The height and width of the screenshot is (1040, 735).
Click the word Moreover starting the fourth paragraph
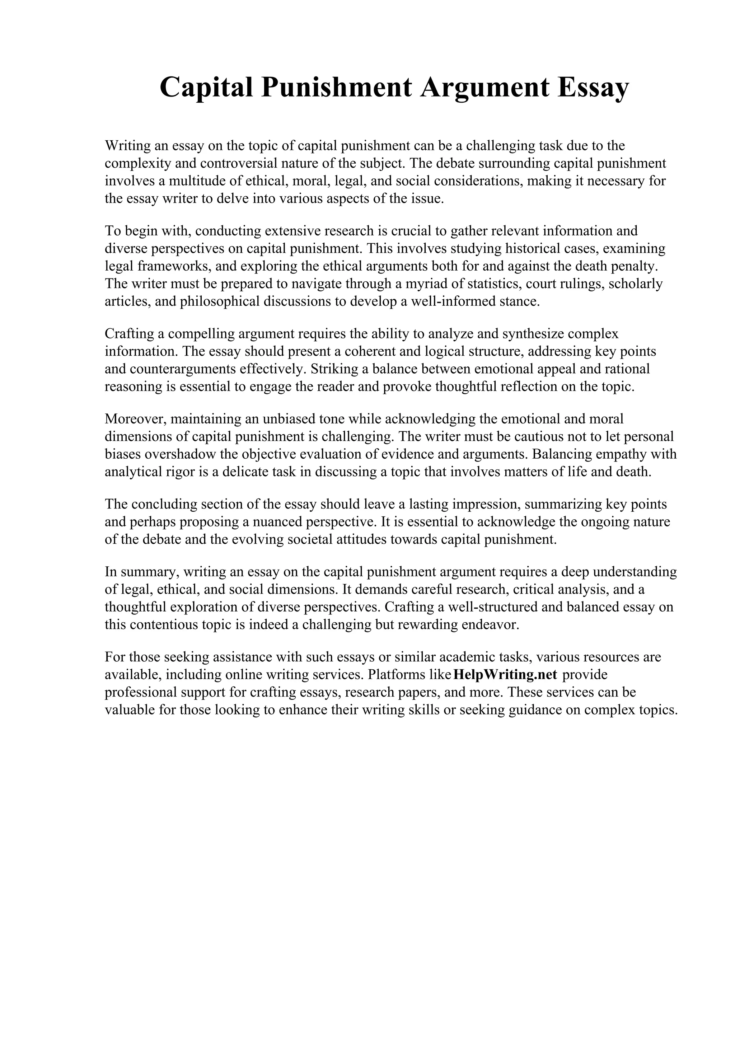(x=134, y=419)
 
